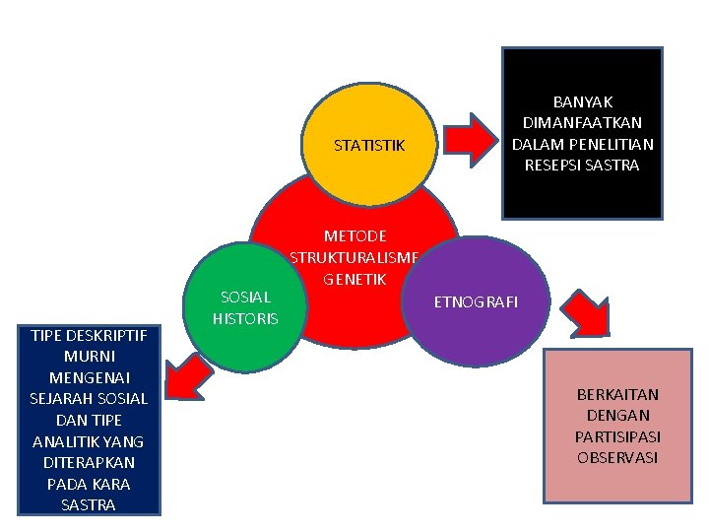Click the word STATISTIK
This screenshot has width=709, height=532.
point(369,146)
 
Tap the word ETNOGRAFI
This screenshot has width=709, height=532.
point(476,301)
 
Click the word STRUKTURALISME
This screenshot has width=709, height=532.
point(354,258)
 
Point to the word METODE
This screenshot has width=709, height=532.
point(354,236)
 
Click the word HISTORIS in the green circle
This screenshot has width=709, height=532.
point(245,318)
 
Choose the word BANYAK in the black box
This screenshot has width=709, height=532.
point(582,101)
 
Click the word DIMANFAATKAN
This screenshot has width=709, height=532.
point(582,122)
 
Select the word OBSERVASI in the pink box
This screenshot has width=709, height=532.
point(617,457)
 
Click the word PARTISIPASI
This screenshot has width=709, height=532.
point(617,436)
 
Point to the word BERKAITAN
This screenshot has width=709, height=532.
point(617,394)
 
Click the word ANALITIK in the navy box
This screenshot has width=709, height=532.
point(67,441)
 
